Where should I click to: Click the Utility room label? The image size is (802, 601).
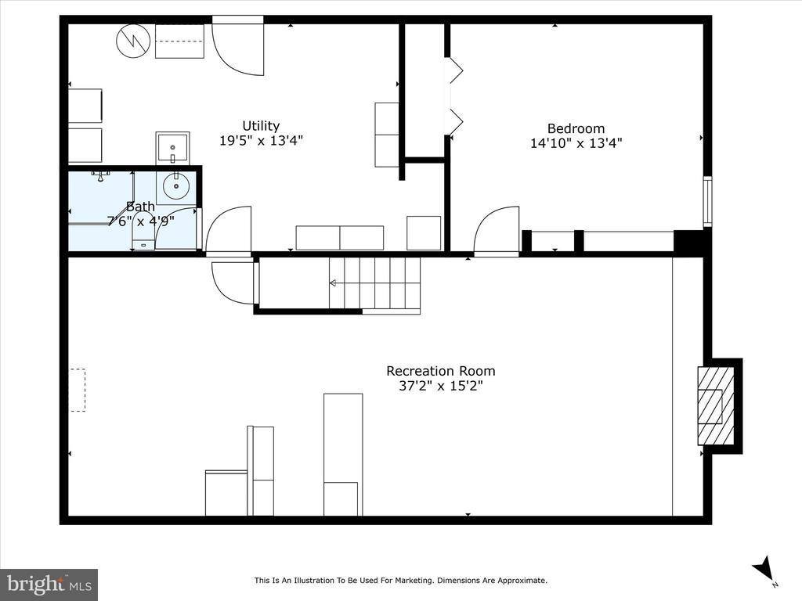[x=261, y=126]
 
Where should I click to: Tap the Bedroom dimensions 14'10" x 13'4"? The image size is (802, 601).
[x=576, y=143]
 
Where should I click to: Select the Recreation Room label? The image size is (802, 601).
[x=440, y=371]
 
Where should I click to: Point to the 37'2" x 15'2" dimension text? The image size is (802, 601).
[x=440, y=386]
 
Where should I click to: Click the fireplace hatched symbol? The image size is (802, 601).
[x=716, y=405]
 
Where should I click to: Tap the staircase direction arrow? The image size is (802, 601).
[x=333, y=283]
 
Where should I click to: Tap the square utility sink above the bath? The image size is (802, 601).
[x=172, y=147]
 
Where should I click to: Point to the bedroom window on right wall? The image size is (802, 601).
[x=707, y=201]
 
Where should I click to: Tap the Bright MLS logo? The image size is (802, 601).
[x=49, y=584]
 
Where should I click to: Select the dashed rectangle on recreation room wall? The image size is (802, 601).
[x=77, y=390]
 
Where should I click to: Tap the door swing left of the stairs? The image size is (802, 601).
[x=233, y=282]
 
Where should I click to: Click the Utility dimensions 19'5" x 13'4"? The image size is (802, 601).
[x=261, y=141]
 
